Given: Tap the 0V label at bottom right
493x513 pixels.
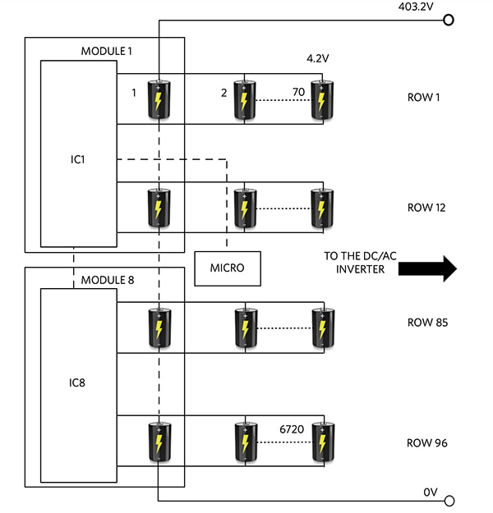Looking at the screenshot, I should coord(431,492).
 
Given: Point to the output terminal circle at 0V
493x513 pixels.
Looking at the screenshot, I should coord(448,499).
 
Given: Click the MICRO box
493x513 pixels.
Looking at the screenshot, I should coord(227,268).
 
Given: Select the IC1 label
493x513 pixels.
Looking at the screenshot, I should coord(78,158).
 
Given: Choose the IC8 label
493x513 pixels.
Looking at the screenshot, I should coord(78,382).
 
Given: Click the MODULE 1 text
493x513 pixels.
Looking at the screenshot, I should coord(107,51).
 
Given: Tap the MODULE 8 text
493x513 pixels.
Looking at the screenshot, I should coord(107,280).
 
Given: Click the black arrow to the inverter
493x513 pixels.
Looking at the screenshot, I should coord(426,268).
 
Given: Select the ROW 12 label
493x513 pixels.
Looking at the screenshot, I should coord(427,208).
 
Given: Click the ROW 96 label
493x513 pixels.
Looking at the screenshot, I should coord(427,443).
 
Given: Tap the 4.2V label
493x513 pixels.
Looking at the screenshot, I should coord(317,59).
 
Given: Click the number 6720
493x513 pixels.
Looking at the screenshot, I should coord(292,428).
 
